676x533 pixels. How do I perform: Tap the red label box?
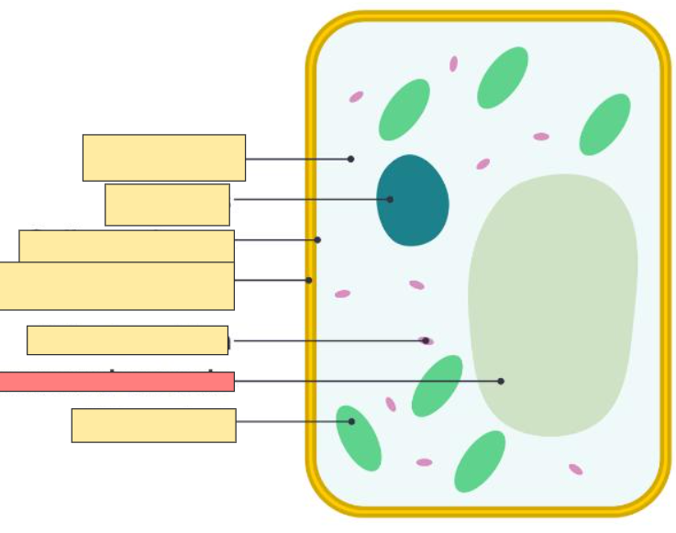tap(116, 382)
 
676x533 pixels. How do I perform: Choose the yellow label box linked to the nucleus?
tap(167, 205)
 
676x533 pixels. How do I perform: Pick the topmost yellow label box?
tap(164, 158)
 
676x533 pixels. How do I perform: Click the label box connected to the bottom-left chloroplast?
tap(153, 426)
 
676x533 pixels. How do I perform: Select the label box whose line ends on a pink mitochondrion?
tap(127, 340)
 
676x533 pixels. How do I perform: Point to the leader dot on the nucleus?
tap(390, 199)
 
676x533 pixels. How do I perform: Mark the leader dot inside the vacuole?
tap(501, 381)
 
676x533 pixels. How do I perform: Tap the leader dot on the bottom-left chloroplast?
tap(351, 422)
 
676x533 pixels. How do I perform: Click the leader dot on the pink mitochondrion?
tap(426, 340)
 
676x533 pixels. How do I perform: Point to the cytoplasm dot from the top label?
tap(350, 159)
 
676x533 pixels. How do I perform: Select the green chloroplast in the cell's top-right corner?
tap(604, 125)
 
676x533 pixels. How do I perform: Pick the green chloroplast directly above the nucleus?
tap(404, 110)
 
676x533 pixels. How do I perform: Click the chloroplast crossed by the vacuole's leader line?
tap(438, 385)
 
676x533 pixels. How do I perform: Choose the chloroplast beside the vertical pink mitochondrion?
tap(503, 78)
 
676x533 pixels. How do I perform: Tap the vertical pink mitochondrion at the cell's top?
tap(453, 64)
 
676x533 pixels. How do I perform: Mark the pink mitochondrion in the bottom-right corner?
tap(575, 470)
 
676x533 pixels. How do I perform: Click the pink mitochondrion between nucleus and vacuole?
tap(482, 164)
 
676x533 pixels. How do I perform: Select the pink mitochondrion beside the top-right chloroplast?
tap(541, 137)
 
